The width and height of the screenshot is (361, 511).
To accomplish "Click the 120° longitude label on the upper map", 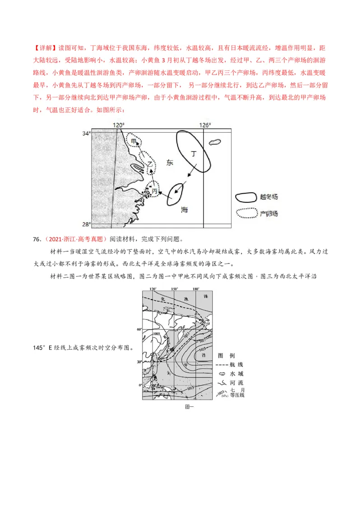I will tap(118, 125).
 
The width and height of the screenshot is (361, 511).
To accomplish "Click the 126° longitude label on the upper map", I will tap(205, 125).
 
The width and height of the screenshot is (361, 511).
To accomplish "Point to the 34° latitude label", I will tap(86, 133).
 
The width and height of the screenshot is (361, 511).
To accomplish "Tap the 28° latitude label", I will tap(86, 224).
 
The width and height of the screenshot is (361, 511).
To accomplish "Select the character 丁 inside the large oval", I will tap(194, 153).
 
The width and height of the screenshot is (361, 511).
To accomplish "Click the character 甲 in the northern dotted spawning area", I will tap(134, 141).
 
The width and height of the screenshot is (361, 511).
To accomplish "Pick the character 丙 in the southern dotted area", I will tap(154, 191).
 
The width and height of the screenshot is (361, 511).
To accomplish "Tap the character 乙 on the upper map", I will tap(149, 165).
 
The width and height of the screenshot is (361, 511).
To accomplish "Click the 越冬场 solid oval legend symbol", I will tap(246, 197).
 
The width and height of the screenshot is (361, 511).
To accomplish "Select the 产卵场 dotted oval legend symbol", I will tap(246, 213).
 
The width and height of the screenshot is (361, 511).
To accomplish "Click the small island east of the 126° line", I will tap(215, 142).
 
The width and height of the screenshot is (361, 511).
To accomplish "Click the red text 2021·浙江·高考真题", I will tap(76, 239).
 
